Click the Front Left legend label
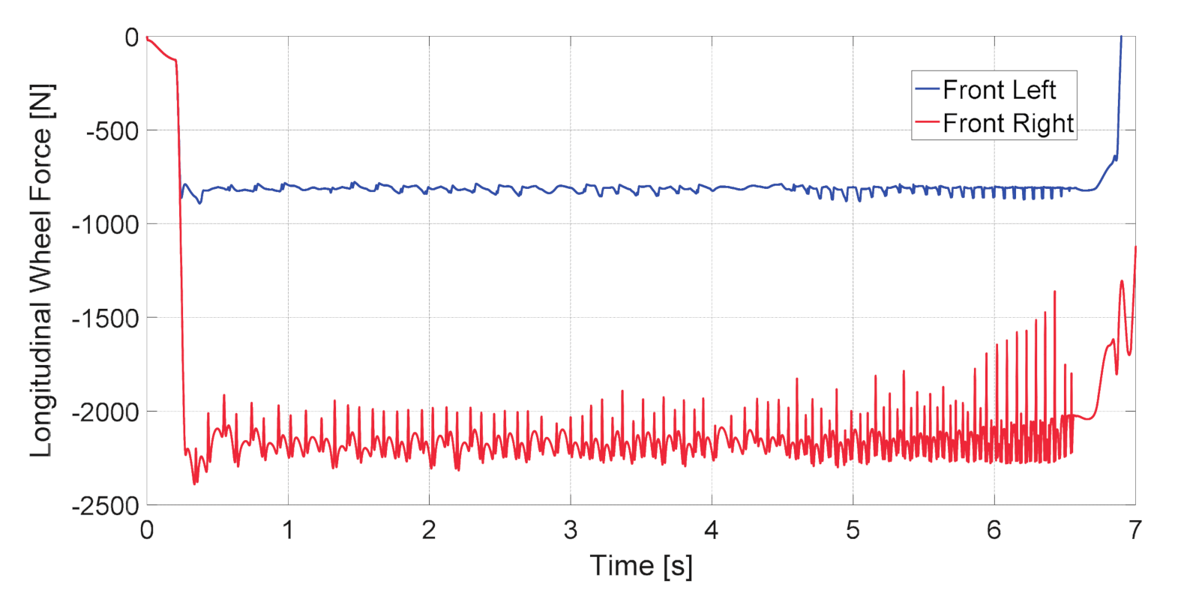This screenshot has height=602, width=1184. pos(999,90)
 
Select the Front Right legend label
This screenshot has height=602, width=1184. pos(1008,123)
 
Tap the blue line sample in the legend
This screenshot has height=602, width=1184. pos(928,89)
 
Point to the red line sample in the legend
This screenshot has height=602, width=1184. pos(928,122)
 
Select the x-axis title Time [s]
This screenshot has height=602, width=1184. pos(641,566)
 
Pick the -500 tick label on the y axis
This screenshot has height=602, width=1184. pos(112,131)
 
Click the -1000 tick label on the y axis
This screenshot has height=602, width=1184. pos(106,225)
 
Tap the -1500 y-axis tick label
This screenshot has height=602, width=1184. pos(106,319)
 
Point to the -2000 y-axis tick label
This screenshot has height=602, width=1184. pos(106,412)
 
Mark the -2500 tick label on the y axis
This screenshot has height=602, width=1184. pos(106,506)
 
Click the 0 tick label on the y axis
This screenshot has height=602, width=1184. pos(132,37)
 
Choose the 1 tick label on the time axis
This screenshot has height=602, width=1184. pos(288,531)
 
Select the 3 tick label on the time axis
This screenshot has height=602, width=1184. pos(571,531)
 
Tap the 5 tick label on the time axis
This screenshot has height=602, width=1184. pos(853,531)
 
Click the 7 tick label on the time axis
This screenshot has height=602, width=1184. pos(1135,531)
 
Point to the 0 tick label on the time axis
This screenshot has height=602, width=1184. pos(147,531)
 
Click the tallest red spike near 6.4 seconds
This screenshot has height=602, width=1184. pos(1055,292)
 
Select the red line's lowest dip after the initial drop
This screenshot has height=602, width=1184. pos(194,484)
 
